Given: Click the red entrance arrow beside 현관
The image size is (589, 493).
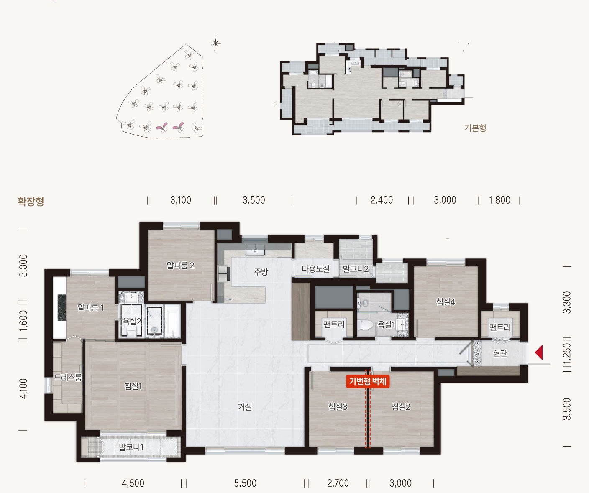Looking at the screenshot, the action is [539, 353].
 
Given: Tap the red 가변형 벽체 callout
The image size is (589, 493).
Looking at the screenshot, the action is [368, 381].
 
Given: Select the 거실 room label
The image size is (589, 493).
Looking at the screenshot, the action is [245, 406].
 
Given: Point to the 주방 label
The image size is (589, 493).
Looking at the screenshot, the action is [261, 272].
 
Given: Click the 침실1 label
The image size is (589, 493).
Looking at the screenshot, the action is [133, 386].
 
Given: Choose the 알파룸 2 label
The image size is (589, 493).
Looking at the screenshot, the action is [181, 265].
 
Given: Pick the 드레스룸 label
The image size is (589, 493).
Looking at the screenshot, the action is [68, 377].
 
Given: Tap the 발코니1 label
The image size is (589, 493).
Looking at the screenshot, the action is [131, 447].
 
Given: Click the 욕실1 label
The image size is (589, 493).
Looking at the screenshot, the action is [386, 324].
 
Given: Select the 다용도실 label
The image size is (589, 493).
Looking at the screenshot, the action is [316, 268].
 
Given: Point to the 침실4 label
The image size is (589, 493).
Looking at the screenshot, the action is [446, 302].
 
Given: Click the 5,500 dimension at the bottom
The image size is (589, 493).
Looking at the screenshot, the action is [245, 483].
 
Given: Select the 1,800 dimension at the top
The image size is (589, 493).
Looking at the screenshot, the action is [499, 200].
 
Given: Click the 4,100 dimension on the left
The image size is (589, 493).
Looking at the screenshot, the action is [23, 388].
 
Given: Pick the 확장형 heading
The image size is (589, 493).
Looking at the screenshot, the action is [31, 202].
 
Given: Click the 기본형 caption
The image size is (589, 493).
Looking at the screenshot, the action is [475, 128].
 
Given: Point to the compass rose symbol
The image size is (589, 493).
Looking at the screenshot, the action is [215, 43].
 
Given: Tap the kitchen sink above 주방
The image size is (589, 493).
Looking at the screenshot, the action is [255, 250].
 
